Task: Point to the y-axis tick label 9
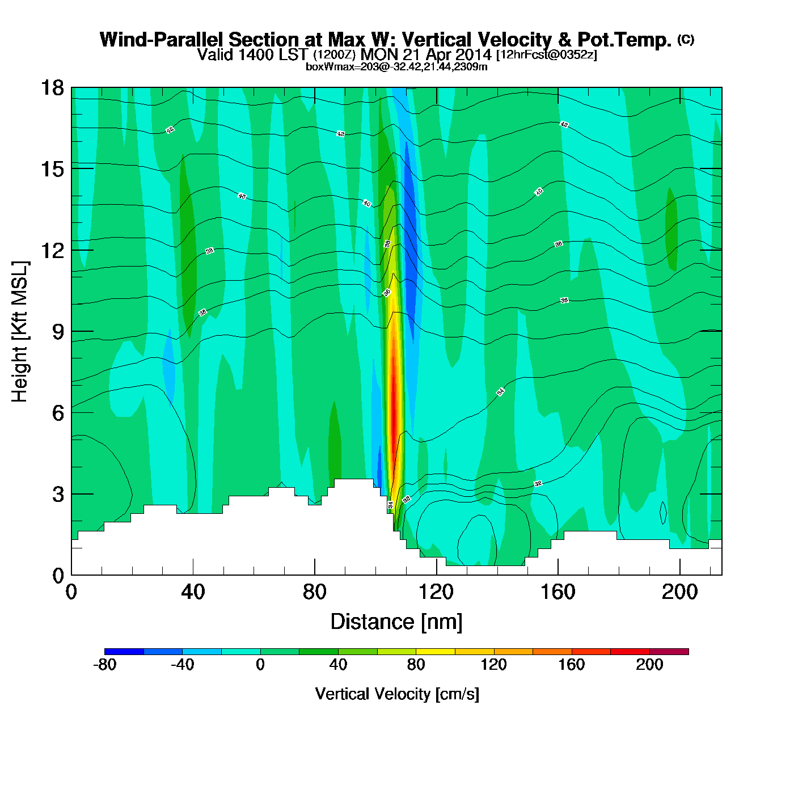click(58, 332)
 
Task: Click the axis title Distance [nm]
click(396, 622)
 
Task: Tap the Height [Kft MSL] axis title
click(20, 332)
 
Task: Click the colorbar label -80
click(104, 665)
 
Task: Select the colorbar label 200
click(649, 665)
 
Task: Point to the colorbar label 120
click(493, 665)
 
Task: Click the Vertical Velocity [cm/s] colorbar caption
click(397, 694)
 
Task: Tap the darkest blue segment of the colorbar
click(124, 652)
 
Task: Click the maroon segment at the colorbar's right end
click(669, 652)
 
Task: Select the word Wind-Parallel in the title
click(162, 40)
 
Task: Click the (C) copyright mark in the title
click(685, 39)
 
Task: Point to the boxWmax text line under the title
click(396, 67)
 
